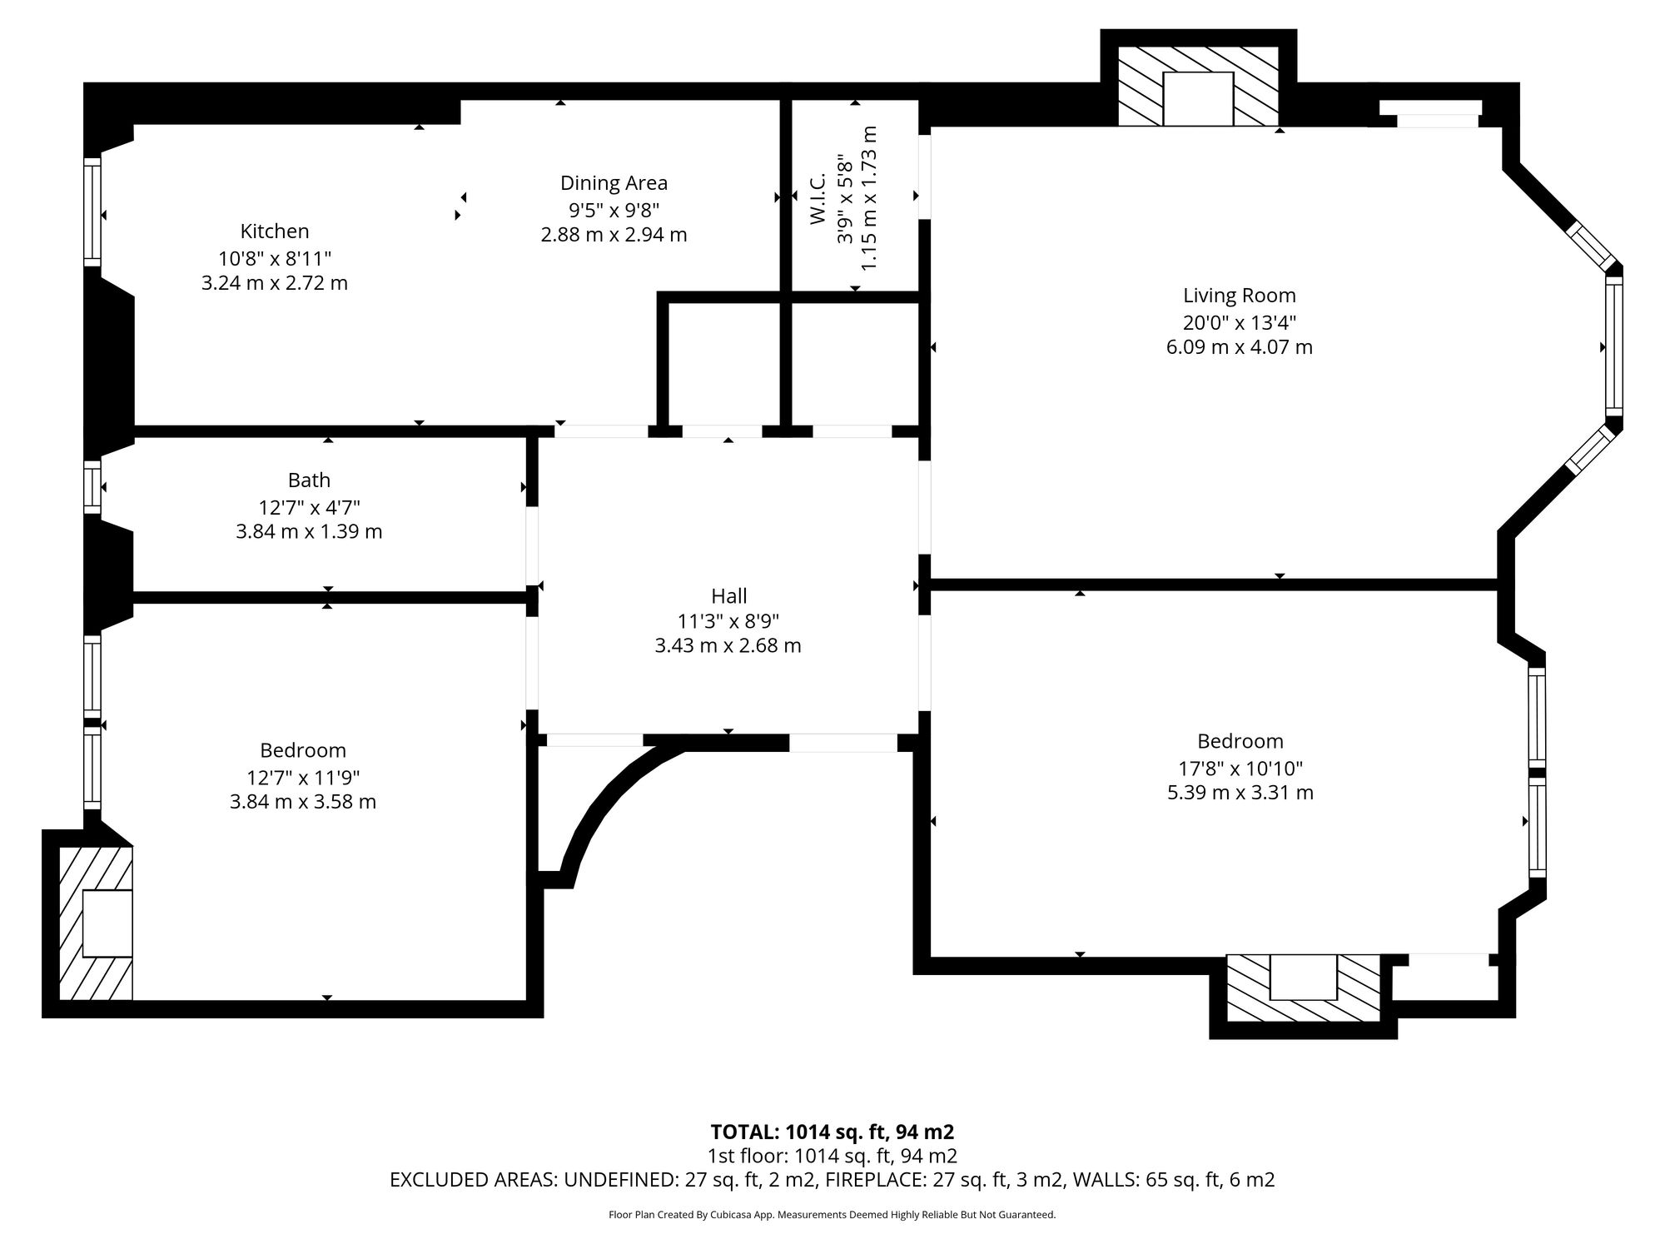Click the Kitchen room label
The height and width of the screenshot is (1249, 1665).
(x=275, y=231)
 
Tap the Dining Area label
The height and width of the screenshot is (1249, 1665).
(x=614, y=183)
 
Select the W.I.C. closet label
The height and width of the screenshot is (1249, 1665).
(x=817, y=198)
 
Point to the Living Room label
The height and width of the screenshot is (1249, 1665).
(x=1240, y=296)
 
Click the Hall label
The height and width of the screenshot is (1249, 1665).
(x=728, y=596)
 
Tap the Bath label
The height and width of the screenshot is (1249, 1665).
(x=309, y=480)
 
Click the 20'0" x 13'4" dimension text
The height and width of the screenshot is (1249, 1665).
(x=1240, y=322)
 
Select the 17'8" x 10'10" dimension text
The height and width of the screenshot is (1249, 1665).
(x=1240, y=768)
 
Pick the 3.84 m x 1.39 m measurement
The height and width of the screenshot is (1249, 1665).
(x=309, y=531)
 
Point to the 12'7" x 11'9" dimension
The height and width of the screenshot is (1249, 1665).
(x=303, y=778)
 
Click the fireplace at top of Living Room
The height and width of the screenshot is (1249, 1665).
(x=1198, y=87)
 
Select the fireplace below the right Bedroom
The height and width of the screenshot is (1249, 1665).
(x=1303, y=988)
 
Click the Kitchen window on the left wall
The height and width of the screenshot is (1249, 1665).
(x=92, y=211)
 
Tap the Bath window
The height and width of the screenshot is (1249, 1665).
(x=92, y=486)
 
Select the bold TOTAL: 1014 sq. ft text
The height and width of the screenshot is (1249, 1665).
(x=832, y=1132)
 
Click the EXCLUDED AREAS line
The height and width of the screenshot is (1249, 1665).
(x=832, y=1180)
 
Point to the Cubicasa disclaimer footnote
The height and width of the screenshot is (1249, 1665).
(x=832, y=1215)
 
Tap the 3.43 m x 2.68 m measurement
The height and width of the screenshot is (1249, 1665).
(x=728, y=645)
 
